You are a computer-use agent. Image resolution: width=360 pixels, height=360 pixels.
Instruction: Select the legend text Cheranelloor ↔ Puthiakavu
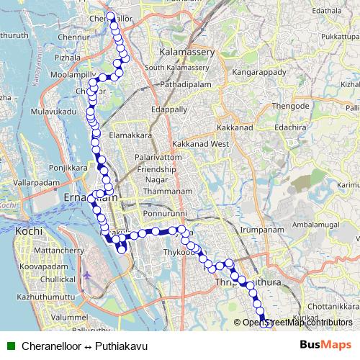click(84, 346)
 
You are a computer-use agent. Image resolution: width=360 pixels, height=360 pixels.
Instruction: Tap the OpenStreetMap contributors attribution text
click(297, 323)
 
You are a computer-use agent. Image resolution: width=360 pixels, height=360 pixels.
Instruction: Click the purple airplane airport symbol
click(88, 275)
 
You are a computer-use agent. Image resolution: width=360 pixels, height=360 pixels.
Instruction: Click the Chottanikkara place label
click(339, 305)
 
